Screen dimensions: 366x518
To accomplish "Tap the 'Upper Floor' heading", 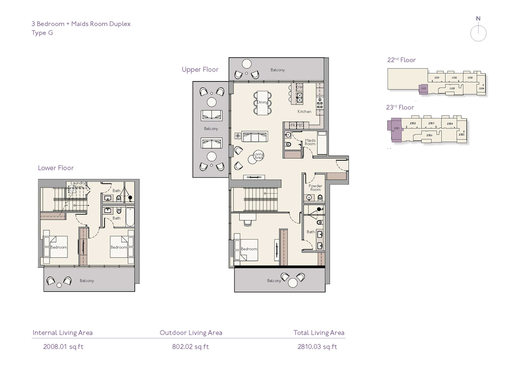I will tap(200, 69).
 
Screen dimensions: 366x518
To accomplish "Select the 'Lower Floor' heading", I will tap(56, 168).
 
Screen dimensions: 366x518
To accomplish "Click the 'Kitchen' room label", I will tap(304, 112).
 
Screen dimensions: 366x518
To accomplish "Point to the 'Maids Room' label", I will tap(310, 142).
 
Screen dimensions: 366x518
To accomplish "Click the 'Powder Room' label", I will tap(315, 187).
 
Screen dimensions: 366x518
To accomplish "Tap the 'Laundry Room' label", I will tap(78, 185).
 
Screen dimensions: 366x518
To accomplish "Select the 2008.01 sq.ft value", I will tap(63, 347).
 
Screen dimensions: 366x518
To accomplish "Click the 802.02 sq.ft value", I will tap(191, 347).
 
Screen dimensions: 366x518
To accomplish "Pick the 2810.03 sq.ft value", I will tap(317, 347).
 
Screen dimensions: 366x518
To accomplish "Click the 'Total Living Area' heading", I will tap(319, 333).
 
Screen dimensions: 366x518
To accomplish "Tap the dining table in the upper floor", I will tap(262, 102).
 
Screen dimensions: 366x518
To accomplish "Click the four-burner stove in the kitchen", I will tap(320, 103).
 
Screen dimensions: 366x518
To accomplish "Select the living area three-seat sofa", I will tap(255, 136).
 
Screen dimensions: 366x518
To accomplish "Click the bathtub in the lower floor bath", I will tap(130, 217).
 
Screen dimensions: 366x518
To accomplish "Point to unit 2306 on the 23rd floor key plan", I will tap(429, 135).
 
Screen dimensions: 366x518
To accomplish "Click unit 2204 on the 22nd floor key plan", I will tap(481, 88).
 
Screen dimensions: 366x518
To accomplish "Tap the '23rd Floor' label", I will tap(400, 107).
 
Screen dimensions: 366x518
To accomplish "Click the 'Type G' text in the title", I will tap(42, 33).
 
